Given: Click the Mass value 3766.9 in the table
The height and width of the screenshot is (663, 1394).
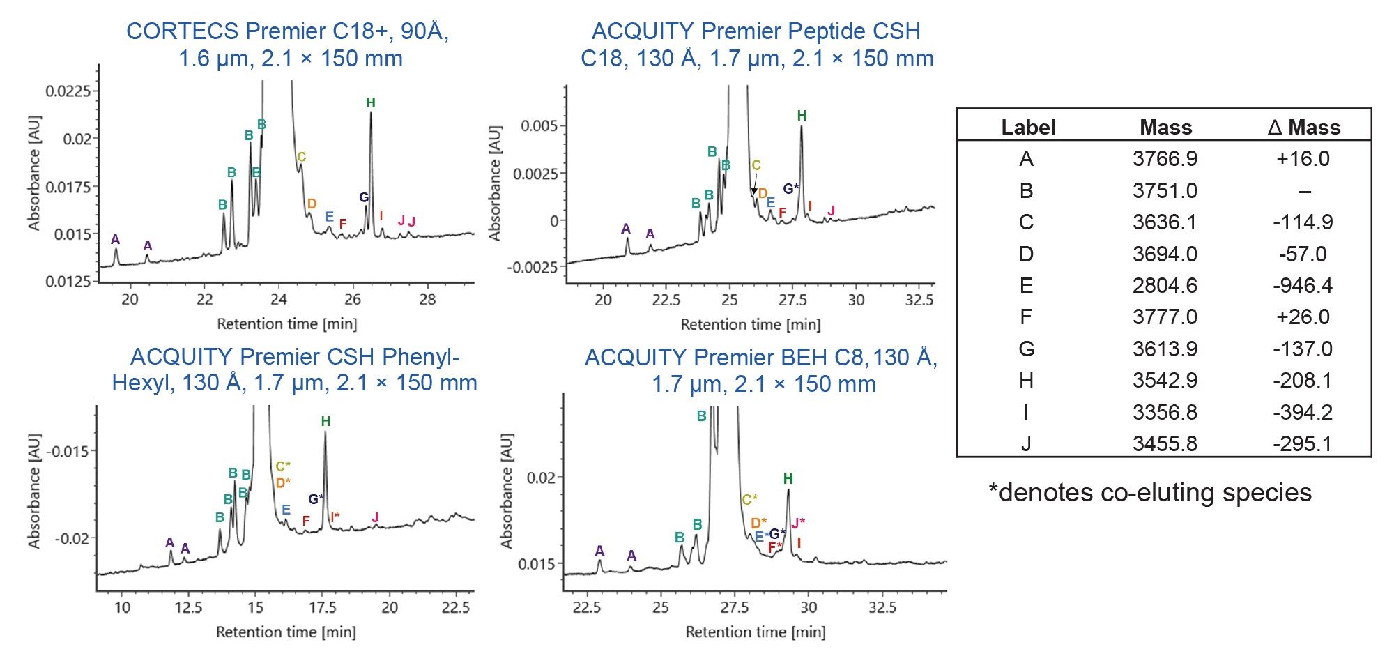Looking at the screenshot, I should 1165,159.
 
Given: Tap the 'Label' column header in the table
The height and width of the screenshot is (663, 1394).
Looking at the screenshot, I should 1028,128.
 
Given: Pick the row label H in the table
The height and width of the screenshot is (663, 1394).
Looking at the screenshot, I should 1026,381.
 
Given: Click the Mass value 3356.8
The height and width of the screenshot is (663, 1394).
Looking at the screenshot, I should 1165,413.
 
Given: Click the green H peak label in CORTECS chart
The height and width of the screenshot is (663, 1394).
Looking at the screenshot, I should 371,103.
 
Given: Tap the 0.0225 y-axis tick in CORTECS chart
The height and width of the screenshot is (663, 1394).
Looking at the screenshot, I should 68,91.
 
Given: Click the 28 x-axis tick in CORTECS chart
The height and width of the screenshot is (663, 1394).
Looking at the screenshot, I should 427,300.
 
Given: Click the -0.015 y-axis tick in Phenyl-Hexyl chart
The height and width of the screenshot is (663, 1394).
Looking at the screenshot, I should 68,451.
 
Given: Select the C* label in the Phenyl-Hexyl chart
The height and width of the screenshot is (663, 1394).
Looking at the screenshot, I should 283,466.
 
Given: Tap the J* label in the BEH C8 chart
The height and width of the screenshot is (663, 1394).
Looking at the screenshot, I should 798,523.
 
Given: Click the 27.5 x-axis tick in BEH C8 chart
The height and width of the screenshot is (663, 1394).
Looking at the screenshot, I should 735,607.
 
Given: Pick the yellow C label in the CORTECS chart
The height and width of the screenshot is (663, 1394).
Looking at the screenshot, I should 301,158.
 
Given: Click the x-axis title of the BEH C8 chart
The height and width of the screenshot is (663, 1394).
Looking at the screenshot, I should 756,632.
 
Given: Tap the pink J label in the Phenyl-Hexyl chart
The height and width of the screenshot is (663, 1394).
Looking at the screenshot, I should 375,517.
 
